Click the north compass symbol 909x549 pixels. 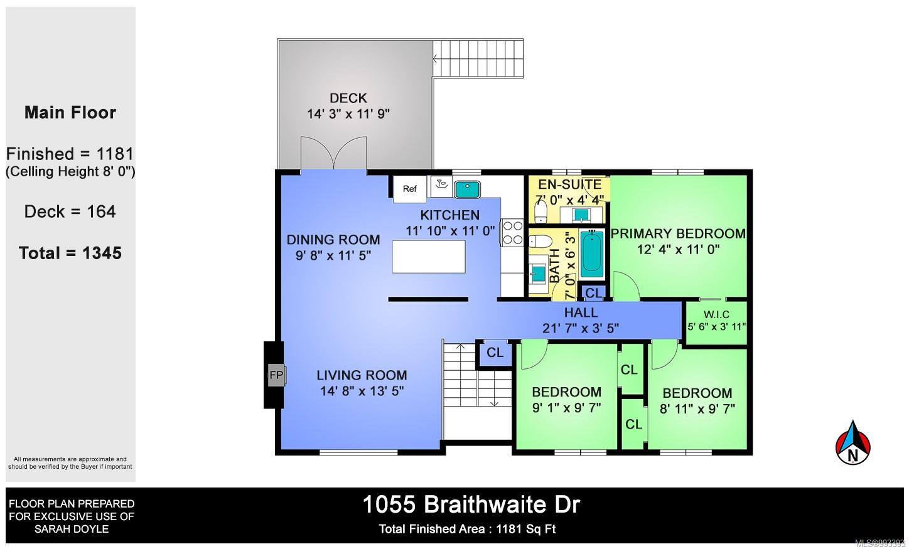point(853,443)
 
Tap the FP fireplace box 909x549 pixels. point(277,375)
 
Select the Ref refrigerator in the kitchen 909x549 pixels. point(410,188)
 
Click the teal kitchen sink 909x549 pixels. point(467,189)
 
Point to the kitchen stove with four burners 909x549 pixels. point(512,233)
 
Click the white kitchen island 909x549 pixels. point(429,256)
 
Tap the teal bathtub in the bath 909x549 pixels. point(591,254)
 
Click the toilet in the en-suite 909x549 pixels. point(541,211)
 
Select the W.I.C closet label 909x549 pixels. point(716,314)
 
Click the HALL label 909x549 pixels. point(581,312)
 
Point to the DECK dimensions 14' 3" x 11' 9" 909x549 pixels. point(348,114)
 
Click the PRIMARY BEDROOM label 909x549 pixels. point(678,233)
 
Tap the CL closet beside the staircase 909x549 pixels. point(495,353)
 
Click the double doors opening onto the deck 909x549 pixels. point(333,153)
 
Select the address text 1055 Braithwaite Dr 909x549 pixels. point(471,505)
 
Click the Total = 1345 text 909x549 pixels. point(70,253)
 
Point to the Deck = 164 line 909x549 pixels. point(70,211)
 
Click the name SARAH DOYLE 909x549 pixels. point(72,529)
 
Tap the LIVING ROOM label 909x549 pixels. point(362,375)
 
